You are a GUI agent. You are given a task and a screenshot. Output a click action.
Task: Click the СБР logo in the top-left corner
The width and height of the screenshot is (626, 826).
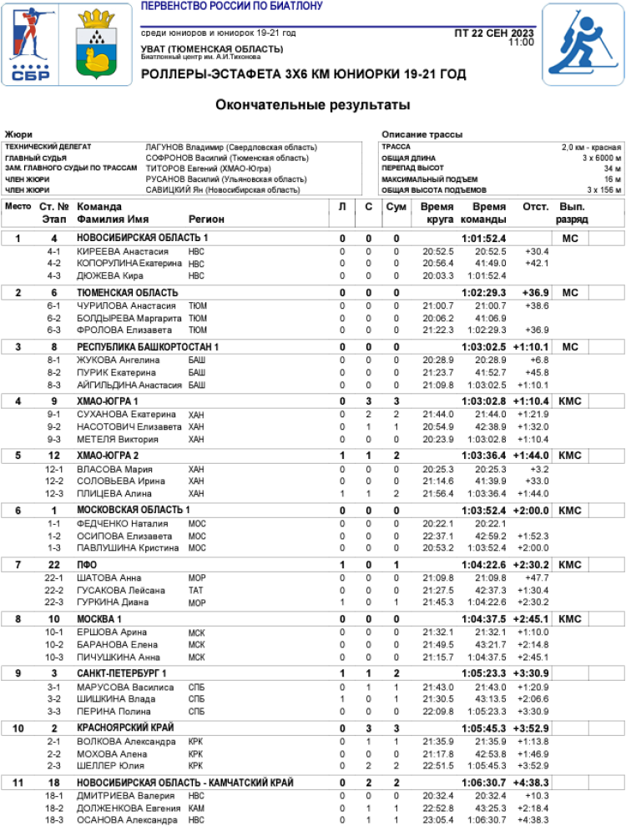(31, 44)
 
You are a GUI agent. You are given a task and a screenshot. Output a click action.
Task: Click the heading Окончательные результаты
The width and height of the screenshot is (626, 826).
(313, 105)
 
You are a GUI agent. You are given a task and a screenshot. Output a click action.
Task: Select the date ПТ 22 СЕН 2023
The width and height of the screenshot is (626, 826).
(494, 33)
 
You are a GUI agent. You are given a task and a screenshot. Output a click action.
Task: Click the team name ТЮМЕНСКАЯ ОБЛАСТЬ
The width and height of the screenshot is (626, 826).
(127, 293)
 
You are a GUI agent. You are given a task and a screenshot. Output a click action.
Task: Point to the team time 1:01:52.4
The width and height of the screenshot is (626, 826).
(484, 239)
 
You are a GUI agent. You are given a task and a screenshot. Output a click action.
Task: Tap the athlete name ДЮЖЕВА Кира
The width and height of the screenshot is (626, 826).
(109, 276)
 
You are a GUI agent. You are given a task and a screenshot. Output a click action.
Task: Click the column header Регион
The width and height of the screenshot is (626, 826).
(206, 219)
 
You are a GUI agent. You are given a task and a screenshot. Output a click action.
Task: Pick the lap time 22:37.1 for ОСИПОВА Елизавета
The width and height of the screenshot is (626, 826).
(437, 536)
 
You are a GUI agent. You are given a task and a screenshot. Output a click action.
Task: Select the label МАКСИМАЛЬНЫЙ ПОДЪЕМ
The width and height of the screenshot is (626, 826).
(429, 179)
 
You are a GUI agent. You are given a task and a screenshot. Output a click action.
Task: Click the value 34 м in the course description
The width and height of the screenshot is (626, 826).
(613, 169)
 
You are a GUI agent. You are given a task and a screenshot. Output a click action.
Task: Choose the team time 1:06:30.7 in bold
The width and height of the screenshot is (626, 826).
(484, 783)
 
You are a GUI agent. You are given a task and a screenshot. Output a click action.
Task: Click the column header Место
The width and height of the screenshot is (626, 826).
(18, 207)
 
